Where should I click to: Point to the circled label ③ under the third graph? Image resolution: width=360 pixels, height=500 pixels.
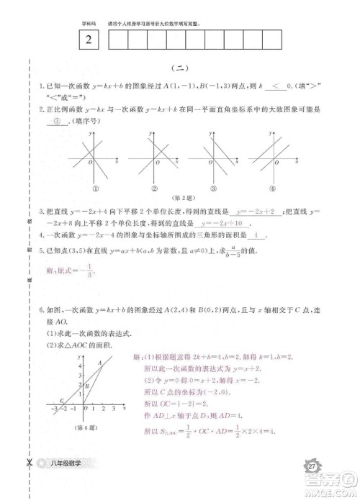pyautogui.click(x=214, y=188)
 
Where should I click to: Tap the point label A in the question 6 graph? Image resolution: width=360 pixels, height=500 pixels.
pyautogui.click(x=99, y=362)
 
